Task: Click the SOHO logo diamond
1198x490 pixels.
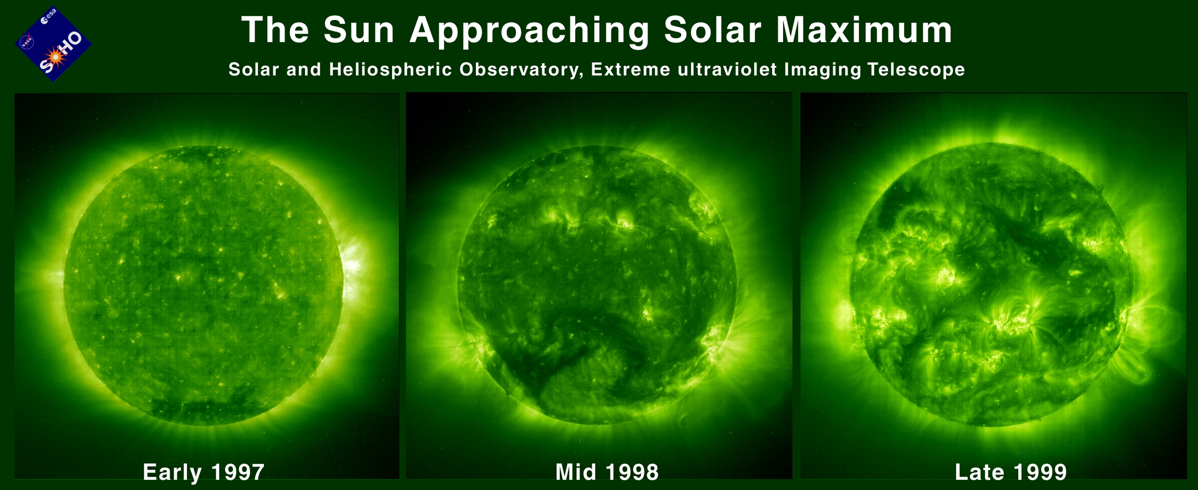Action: (x=53, y=44)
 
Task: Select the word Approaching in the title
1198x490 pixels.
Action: (x=529, y=31)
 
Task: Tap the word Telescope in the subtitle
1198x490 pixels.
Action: (x=916, y=70)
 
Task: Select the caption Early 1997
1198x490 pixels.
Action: (x=204, y=472)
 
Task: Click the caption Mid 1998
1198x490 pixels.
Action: (x=607, y=472)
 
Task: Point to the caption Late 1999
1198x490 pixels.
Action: (x=1011, y=472)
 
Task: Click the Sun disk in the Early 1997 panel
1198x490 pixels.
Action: (x=204, y=286)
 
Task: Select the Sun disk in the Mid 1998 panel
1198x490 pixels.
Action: (x=597, y=285)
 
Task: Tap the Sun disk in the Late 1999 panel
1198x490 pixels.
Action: (x=989, y=284)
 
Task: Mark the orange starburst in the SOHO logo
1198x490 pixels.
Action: (x=54, y=56)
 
